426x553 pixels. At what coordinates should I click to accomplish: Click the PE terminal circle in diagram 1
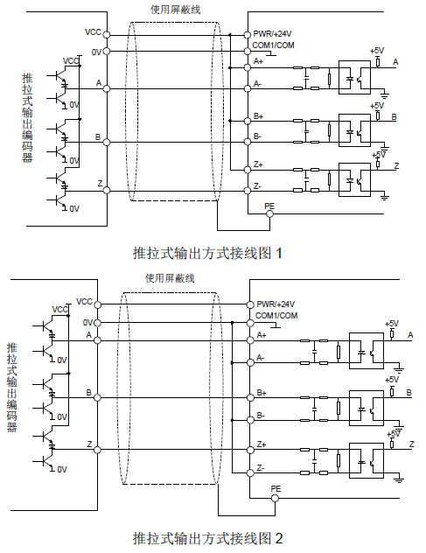pyautogui.click(x=269, y=213)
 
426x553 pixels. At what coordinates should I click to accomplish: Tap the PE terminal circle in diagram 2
pyautogui.click(x=275, y=498)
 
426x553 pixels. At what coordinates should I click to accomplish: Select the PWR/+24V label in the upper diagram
pyautogui.click(x=272, y=34)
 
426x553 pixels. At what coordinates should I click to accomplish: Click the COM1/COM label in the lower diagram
pyautogui.click(x=276, y=315)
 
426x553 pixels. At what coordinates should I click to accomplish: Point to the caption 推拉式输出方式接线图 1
pyautogui.click(x=207, y=253)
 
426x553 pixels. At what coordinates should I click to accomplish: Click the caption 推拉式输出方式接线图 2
pyautogui.click(x=207, y=538)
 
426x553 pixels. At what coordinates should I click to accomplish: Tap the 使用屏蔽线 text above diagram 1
pyautogui.click(x=176, y=10)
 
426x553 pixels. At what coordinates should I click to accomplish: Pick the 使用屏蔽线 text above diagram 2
pyautogui.click(x=170, y=278)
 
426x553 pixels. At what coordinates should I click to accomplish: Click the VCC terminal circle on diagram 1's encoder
pyautogui.click(x=107, y=35)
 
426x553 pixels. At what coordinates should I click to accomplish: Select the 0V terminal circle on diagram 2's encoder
pyautogui.click(x=97, y=323)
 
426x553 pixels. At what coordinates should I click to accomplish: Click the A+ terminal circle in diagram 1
pyautogui.click(x=248, y=67)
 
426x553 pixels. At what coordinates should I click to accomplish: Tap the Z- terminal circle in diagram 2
pyautogui.click(x=250, y=472)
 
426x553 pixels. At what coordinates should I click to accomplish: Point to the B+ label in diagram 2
pyautogui.click(x=262, y=393)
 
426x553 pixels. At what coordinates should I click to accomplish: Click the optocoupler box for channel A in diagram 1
pyautogui.click(x=354, y=78)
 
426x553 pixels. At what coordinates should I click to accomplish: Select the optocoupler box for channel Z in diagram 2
pyautogui.click(x=367, y=460)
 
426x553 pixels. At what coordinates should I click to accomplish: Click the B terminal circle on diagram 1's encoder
pyautogui.click(x=107, y=142)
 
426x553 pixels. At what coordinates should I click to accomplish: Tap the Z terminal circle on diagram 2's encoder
pyautogui.click(x=97, y=450)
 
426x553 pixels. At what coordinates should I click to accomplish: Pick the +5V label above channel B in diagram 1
pyautogui.click(x=377, y=106)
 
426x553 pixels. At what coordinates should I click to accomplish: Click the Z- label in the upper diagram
pyautogui.click(x=257, y=185)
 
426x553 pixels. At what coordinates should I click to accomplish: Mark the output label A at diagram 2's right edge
pyautogui.click(x=410, y=335)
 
